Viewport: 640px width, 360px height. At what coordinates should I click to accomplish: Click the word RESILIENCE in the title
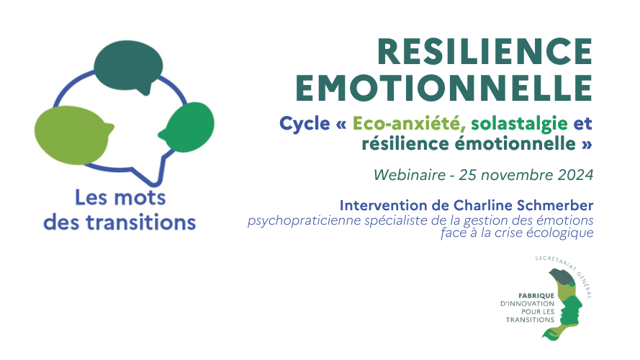coord(485,51)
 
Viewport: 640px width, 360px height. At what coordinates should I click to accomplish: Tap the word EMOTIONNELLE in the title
coord(444,88)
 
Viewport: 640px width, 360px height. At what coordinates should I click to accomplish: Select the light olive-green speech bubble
coord(73,135)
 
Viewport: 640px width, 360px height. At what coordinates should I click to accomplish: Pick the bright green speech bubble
coord(189,127)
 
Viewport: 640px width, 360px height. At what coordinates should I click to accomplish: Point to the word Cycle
coord(305,123)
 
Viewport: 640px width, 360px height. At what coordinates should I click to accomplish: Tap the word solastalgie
coord(519,124)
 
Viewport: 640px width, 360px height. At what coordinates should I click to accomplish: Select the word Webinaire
coord(410,175)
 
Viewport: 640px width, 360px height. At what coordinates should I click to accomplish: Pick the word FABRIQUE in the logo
coord(536,295)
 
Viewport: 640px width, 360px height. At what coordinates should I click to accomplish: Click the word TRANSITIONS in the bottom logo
coord(530,320)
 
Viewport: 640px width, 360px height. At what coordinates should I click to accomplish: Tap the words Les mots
coord(120,198)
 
